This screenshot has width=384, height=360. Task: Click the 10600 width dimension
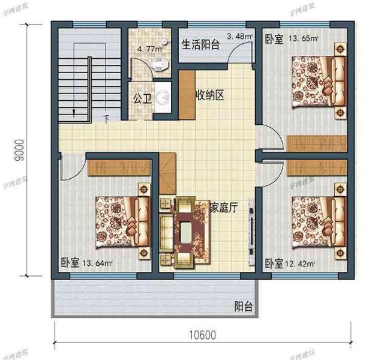202,334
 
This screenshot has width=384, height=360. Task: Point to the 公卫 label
142,97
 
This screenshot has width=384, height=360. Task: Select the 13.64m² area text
98,262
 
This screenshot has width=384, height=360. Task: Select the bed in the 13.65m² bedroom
316,81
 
